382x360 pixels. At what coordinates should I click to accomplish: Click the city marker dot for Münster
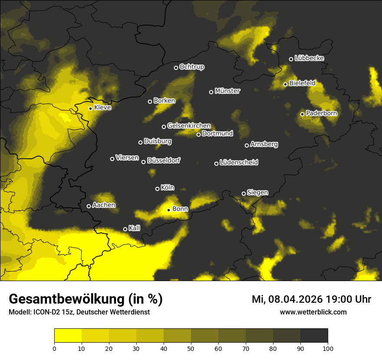pos(211,92)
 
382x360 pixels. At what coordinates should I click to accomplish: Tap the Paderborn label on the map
pos(321,113)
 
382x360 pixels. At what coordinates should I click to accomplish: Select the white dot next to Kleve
pos(90,108)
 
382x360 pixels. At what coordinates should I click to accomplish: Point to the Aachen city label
pos(104,205)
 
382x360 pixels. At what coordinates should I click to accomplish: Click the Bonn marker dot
pos(169,210)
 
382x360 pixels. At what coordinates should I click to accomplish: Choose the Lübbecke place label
pos(309,58)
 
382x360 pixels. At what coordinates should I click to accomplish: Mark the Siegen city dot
pos(244,193)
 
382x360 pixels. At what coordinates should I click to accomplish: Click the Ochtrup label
pos(191,67)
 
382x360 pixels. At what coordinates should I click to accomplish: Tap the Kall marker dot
pos(125,229)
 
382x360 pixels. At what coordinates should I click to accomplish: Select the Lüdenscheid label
pos(239,163)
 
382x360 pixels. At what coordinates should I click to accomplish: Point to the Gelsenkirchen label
pos(189,126)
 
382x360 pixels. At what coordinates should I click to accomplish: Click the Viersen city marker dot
pos(112,159)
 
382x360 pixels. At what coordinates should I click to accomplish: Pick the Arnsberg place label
pos(264,144)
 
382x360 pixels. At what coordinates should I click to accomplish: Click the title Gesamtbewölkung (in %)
pos(86,299)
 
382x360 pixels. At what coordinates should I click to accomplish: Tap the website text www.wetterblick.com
pos(313,312)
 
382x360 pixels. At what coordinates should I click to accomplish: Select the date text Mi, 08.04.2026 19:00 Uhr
pos(311,299)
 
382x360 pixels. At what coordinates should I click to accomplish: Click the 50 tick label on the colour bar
pos(191,348)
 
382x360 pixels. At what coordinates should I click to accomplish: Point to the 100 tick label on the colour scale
pos(327,348)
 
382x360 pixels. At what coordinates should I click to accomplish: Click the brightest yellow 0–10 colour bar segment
pos(68,336)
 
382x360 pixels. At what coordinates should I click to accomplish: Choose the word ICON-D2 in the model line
pos(44,312)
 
